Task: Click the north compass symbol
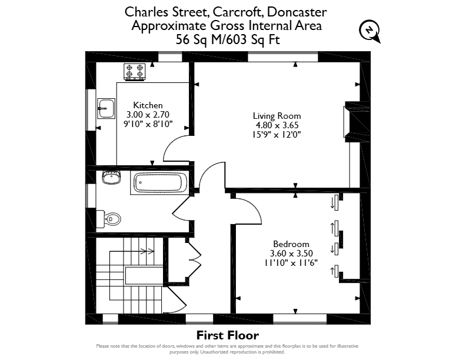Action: click(x=370, y=31)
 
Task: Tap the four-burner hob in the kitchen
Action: click(x=135, y=72)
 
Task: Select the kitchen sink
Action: click(x=106, y=108)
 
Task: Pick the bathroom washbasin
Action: click(x=111, y=177)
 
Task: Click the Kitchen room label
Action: click(x=148, y=105)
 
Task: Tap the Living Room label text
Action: click(x=277, y=115)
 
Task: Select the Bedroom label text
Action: click(x=291, y=244)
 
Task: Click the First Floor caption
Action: click(x=228, y=335)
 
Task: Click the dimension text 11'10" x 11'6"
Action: click(x=291, y=263)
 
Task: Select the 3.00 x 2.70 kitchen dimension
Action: click(x=148, y=114)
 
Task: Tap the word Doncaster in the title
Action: click(x=297, y=12)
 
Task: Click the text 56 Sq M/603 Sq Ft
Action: click(x=228, y=39)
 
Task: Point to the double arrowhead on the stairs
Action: click(x=148, y=252)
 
